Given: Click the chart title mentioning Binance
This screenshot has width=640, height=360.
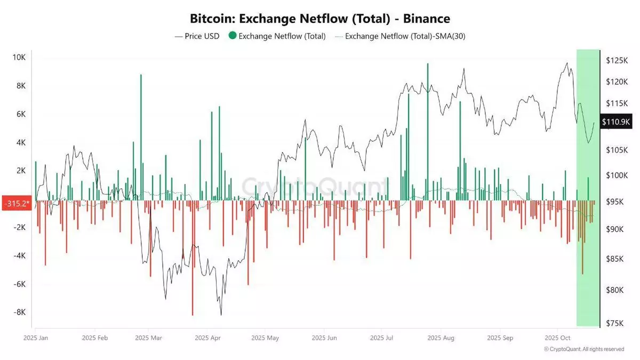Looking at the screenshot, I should point(320,19).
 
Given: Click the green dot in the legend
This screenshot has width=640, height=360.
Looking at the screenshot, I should point(231,36).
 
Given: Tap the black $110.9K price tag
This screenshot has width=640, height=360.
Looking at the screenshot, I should point(617,122).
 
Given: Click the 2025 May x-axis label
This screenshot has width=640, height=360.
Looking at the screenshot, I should point(265,338).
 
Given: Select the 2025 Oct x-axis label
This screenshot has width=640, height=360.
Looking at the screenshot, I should point(558,338).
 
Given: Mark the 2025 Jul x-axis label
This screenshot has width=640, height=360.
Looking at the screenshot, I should point(381,338).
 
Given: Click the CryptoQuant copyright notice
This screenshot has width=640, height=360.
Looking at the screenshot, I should point(584,349).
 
